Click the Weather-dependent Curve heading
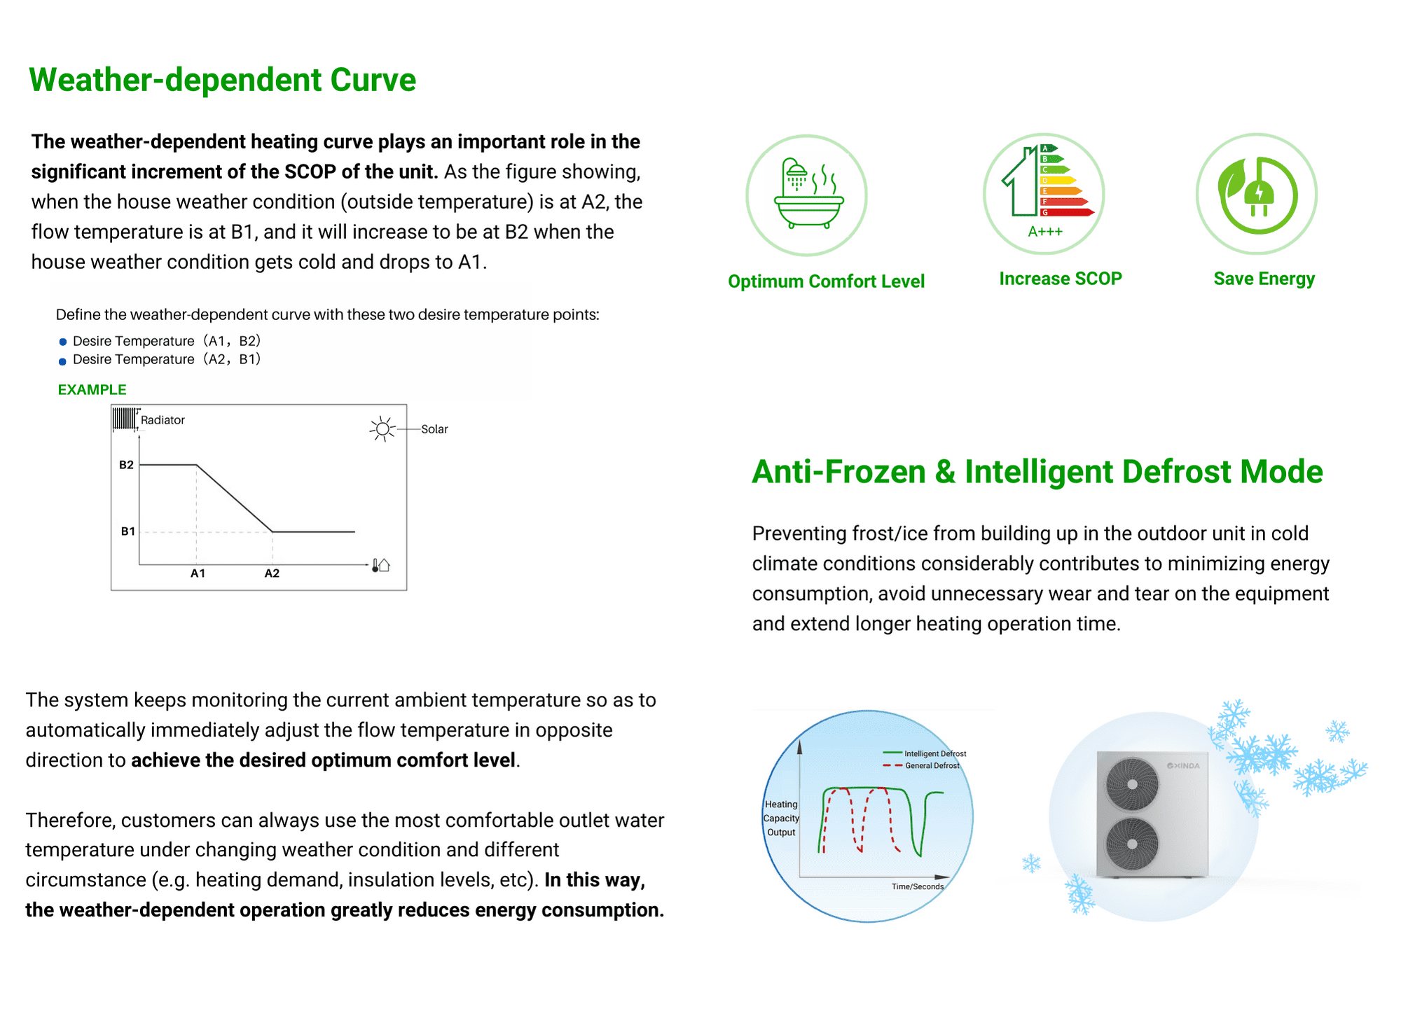tap(223, 80)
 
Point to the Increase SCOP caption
tap(1061, 279)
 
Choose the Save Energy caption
tap(1264, 279)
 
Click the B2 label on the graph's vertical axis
tap(126, 465)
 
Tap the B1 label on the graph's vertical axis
tap(127, 531)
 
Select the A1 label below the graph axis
tap(198, 573)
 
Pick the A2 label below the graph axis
tap(272, 573)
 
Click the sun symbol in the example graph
tap(382, 428)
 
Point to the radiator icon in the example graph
tap(125, 419)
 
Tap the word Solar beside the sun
tap(434, 429)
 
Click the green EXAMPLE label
tap(92, 390)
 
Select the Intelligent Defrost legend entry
tap(925, 753)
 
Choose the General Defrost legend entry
tap(922, 765)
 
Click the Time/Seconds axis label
tap(918, 886)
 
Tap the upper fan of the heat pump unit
tap(1132, 784)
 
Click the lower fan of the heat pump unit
tap(1132, 844)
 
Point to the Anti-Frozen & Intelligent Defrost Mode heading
tap(1037, 472)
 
